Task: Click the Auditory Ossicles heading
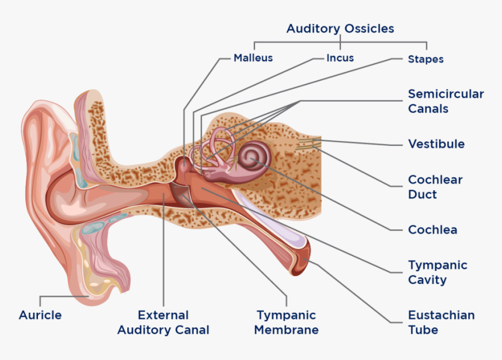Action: tap(340, 29)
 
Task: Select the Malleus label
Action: tap(253, 58)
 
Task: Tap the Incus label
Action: tap(340, 58)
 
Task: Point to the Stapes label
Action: tap(426, 59)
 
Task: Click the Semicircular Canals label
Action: tap(445, 101)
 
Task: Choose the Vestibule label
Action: tap(436, 144)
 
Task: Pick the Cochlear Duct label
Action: tap(435, 187)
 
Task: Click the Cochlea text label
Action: tap(432, 229)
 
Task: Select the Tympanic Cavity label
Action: tap(437, 272)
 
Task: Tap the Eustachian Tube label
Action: tap(441, 322)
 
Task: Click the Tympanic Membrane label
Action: tap(286, 322)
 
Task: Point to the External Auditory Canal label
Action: tap(163, 322)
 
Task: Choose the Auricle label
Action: tap(40, 315)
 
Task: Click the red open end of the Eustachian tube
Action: tap(302, 260)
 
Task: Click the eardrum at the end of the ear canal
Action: tap(182, 193)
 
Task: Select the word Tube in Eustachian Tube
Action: tap(423, 329)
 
